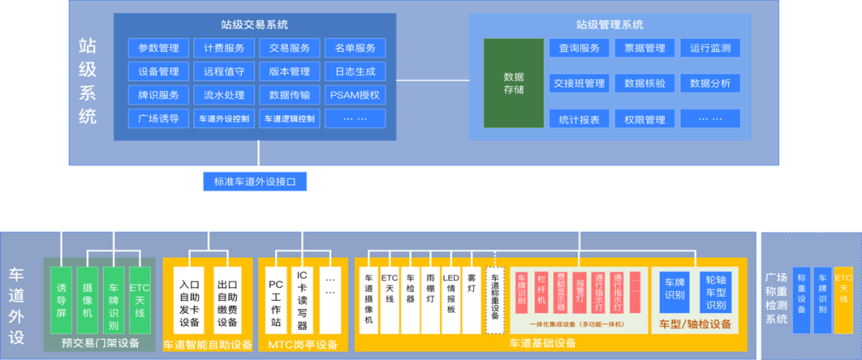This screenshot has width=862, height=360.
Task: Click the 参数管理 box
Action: coord(158,48)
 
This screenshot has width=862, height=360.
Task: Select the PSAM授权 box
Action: coord(354,95)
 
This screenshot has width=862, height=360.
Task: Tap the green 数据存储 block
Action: coord(514,83)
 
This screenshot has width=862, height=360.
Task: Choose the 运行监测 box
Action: coord(710,48)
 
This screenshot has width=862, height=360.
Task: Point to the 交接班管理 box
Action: coord(579,83)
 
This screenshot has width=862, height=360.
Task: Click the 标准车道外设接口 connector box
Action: coord(255,182)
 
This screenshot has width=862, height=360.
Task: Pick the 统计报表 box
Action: coord(579,119)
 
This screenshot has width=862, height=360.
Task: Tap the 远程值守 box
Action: coord(223,72)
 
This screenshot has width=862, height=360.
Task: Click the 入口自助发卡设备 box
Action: coord(189,303)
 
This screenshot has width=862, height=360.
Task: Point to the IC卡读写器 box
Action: coord(302,303)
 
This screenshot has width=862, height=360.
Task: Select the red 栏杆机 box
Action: coord(541,290)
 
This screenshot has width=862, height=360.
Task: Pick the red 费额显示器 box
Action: coord(560,290)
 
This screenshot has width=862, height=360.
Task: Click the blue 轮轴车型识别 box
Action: coord(716,293)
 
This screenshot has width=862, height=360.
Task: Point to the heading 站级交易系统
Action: coord(255,25)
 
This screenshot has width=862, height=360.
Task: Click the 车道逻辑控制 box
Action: coord(289,119)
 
